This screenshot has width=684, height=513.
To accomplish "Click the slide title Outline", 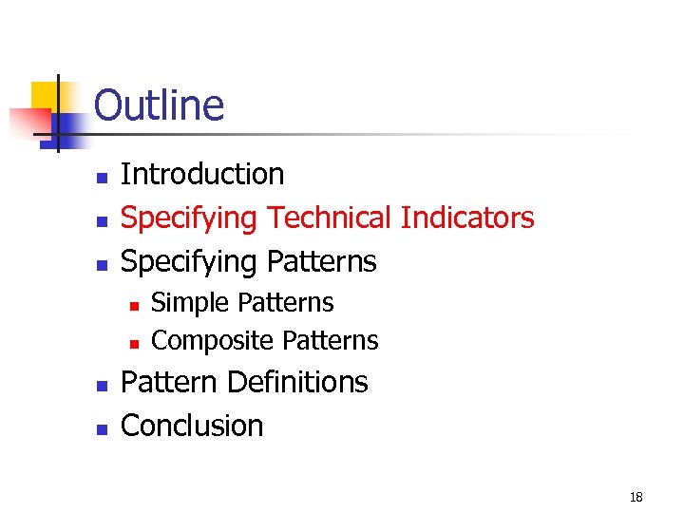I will (x=159, y=104).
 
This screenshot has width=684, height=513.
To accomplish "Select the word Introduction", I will (x=202, y=174).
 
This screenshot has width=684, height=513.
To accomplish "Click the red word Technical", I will (x=330, y=218).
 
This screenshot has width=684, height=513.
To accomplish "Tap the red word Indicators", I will (x=467, y=218).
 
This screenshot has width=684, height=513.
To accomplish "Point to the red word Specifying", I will (x=189, y=218).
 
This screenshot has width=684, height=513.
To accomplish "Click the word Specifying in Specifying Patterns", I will (x=189, y=261).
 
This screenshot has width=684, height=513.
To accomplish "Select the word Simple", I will (x=191, y=303).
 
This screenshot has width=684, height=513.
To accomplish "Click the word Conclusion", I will (x=192, y=426).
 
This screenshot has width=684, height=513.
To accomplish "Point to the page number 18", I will (x=636, y=497).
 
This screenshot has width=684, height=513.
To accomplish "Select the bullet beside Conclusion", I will (x=101, y=428).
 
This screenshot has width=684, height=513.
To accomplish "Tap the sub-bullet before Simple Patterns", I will (x=135, y=305).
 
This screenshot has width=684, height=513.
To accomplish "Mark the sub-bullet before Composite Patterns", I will (x=135, y=342).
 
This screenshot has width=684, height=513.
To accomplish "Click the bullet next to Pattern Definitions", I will (x=101, y=385).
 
